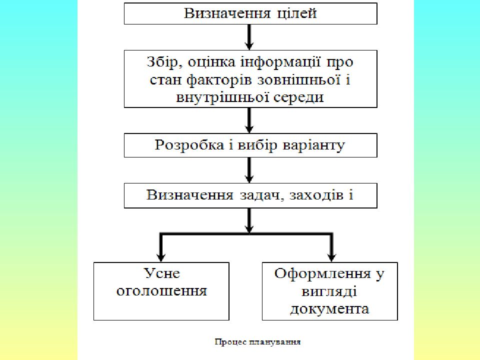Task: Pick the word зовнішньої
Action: point(299,80)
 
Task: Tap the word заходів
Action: point(316,195)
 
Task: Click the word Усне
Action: point(161,273)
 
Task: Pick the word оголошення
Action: point(161,291)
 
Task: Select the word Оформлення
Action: point(322,274)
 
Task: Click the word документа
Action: point(329,309)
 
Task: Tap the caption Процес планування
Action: point(257,342)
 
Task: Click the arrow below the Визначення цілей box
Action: point(249,37)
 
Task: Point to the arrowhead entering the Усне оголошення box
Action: point(161,256)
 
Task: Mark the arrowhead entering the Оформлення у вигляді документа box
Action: point(331,256)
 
